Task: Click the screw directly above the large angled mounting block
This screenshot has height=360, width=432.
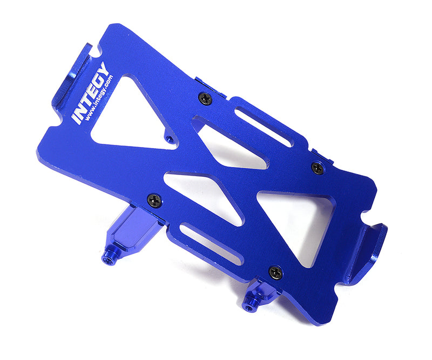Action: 154,199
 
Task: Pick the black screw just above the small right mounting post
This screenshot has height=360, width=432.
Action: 276,272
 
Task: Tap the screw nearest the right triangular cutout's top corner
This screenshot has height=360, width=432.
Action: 318,168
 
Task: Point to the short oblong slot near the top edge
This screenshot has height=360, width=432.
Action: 264,127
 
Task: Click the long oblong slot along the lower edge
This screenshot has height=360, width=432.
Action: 211,244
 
